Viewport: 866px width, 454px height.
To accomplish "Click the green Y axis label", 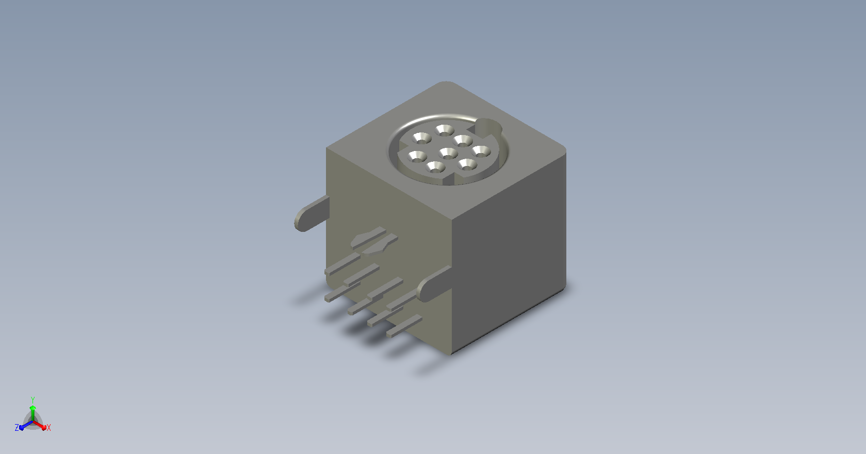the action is (33, 400).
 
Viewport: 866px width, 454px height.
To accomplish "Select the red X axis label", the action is (48, 428).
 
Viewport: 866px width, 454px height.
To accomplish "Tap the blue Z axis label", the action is (17, 427).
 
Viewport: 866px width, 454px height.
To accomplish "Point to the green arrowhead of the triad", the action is (33, 408).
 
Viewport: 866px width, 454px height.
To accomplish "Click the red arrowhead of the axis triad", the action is (44, 428).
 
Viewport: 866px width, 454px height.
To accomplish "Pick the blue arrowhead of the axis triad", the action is (22, 428).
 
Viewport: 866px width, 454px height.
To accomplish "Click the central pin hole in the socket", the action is (448, 154).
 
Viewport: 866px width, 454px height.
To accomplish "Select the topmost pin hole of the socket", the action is (445, 130).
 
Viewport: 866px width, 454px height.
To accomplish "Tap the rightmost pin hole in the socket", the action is (481, 152).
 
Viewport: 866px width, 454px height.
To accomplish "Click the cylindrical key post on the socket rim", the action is (488, 127).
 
